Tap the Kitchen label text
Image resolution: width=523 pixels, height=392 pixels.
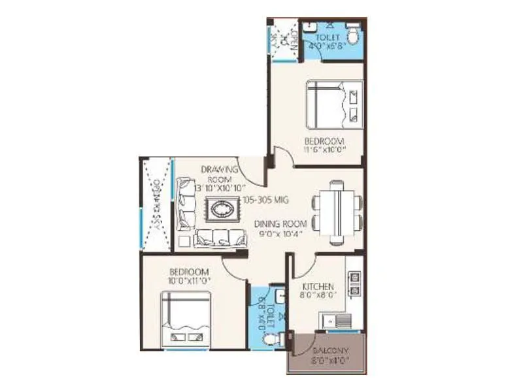318,286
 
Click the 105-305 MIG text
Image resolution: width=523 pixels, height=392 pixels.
265,201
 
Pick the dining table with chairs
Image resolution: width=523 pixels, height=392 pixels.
336,211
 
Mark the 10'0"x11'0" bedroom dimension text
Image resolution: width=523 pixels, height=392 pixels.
188,281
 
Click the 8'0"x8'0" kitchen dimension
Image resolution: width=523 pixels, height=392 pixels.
318,295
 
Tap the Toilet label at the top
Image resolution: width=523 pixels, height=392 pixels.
325,38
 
